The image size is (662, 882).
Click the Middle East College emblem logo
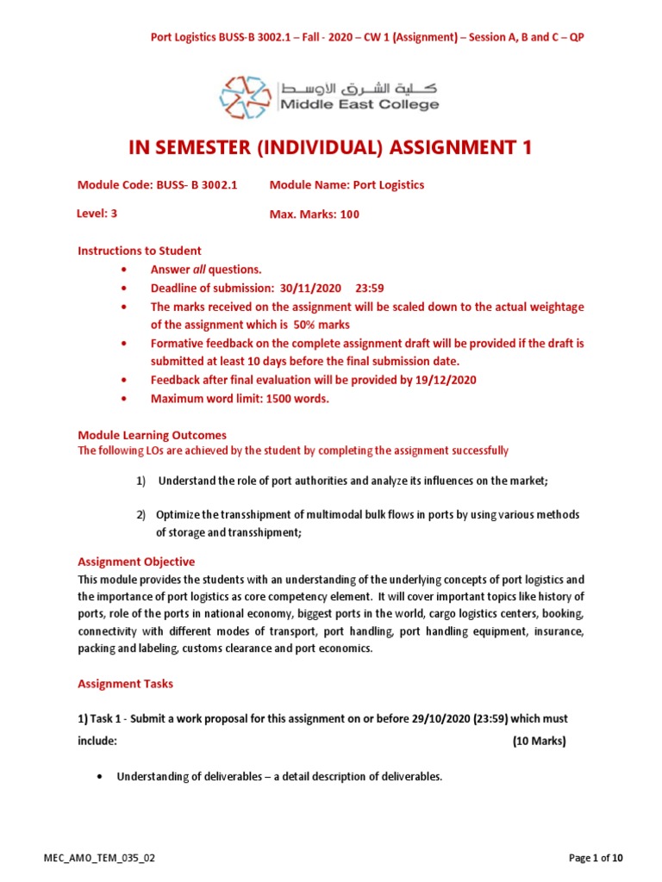[x=246, y=96]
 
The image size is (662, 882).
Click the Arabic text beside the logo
[x=358, y=87]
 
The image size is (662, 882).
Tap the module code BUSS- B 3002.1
[x=196, y=185]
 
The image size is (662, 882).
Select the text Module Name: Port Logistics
[x=347, y=185]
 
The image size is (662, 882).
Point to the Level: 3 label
[x=97, y=214]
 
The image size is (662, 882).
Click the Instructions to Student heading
[x=140, y=251]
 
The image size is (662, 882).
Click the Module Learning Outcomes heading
[x=152, y=436]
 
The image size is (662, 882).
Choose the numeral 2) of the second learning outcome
[x=141, y=515]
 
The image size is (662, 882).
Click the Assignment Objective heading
[x=136, y=562]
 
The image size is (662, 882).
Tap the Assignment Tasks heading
[x=125, y=684]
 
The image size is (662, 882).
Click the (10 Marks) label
[x=539, y=741]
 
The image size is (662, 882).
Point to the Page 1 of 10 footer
[x=596, y=858]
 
